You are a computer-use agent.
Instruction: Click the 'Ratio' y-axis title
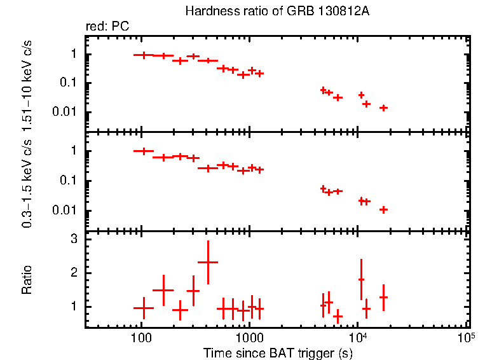click(27, 280)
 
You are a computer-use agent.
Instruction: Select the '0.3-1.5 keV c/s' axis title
click(27, 181)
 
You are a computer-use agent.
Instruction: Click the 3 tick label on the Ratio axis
click(74, 240)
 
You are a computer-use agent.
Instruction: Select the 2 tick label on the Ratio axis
click(74, 273)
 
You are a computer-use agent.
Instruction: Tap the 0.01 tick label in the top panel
click(66, 112)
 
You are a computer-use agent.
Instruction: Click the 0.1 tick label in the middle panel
click(69, 181)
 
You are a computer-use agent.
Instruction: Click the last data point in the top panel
click(383, 107)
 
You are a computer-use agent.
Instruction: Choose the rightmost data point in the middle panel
click(383, 209)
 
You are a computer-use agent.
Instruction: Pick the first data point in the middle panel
click(144, 151)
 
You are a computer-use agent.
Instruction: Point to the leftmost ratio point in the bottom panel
click(144, 308)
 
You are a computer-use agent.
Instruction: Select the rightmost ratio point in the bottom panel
click(383, 297)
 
